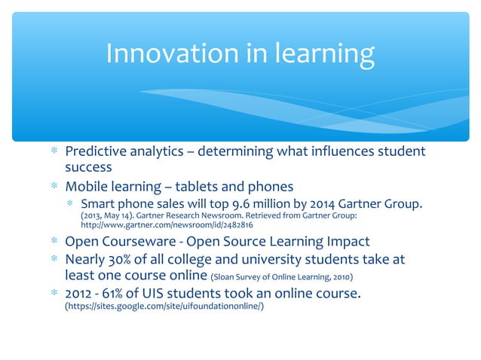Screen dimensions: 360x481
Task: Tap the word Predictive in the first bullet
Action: pos(97,151)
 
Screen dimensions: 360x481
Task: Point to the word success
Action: pos(88,167)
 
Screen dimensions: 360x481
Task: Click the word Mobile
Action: pos(89,186)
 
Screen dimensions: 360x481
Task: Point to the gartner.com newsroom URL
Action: pos(167,225)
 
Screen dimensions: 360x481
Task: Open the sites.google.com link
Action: pos(164,309)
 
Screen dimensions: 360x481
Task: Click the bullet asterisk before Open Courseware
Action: pos(54,243)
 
